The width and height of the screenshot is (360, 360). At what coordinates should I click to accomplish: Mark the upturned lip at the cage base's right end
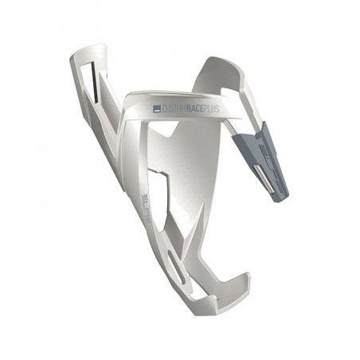coord(243,283)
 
